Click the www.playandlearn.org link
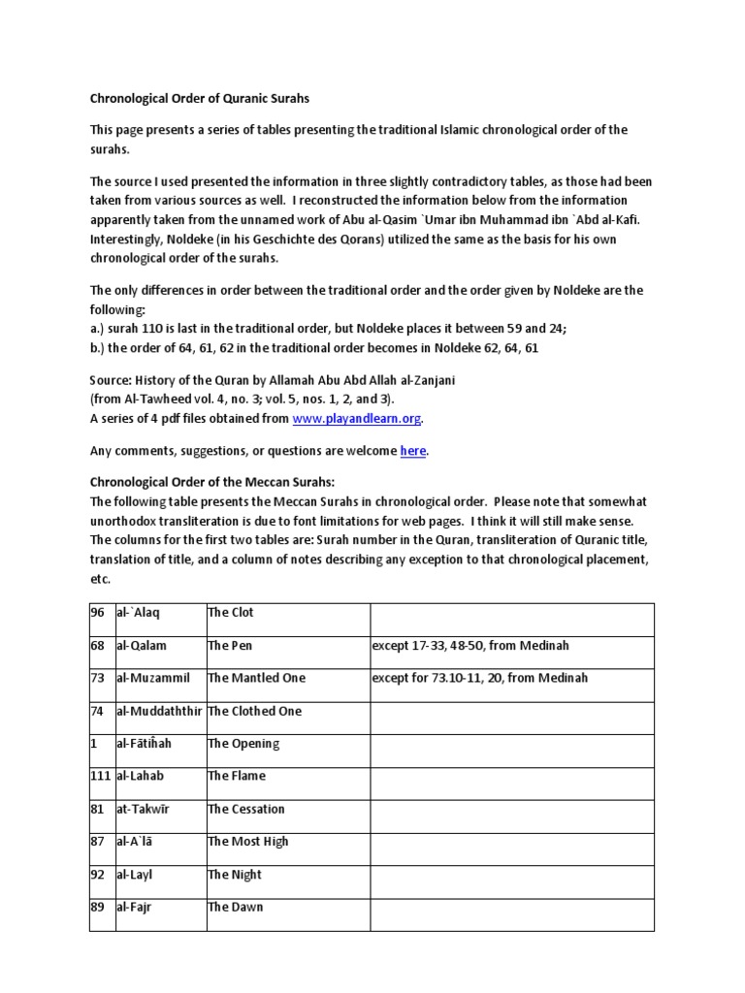coord(358,418)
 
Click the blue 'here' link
coord(413,451)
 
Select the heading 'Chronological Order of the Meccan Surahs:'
coord(211,483)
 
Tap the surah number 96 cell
coord(98,613)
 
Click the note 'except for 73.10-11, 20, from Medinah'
coord(479,678)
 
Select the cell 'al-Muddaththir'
coord(160,711)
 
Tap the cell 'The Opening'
coord(243,744)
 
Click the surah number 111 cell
coord(101,776)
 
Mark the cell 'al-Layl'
coord(135,875)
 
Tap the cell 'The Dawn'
coord(236,907)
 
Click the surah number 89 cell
coord(98,907)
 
